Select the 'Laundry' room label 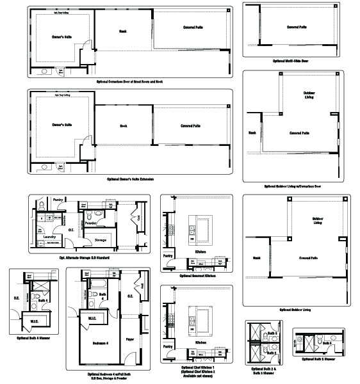click(50, 236)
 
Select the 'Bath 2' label click(272, 333)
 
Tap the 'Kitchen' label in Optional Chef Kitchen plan click(200, 351)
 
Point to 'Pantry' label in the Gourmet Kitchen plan click(168, 255)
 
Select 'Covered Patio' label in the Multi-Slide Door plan click(297, 28)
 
